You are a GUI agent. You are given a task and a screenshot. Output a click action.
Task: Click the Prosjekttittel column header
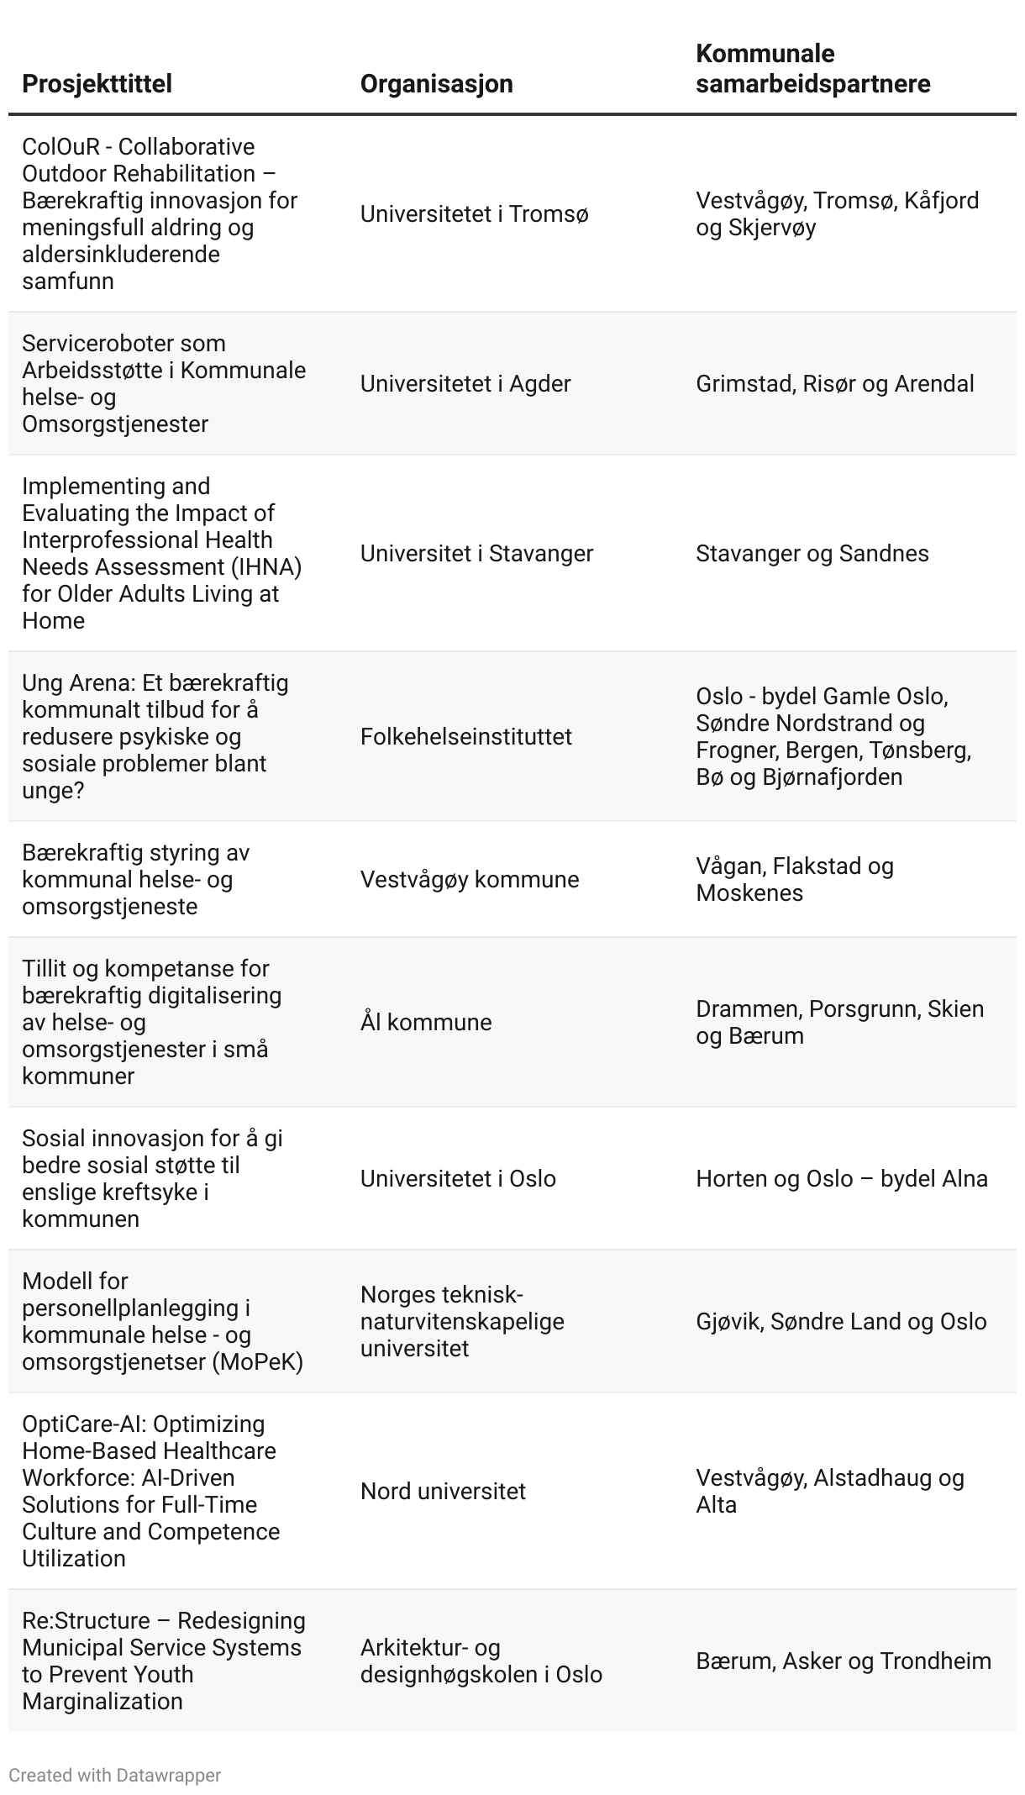coord(97,84)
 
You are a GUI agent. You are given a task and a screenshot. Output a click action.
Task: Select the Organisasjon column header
coord(436,84)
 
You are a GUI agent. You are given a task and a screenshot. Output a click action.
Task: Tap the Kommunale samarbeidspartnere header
coord(812,69)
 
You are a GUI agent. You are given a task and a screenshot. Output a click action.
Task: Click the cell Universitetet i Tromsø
coord(474,214)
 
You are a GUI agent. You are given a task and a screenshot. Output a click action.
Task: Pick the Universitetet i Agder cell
coord(465,384)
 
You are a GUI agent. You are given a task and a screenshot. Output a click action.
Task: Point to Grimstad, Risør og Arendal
coord(834,384)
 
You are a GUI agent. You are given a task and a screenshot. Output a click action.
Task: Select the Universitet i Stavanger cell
coord(476,554)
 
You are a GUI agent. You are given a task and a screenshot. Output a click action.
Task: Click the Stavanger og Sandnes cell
coord(812,554)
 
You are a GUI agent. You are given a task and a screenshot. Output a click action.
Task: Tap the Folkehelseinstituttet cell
coord(465,737)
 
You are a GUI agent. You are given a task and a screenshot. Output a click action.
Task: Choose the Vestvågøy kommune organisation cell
coord(469,880)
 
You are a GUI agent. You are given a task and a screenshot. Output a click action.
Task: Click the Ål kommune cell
coord(425,1023)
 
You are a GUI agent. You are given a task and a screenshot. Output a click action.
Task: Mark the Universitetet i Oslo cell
coord(458,1179)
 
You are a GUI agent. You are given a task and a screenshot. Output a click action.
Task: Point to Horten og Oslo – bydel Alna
coord(841,1179)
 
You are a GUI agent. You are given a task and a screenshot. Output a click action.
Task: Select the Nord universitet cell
coord(443,1492)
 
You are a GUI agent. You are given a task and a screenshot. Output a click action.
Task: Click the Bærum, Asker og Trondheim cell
coord(843,1661)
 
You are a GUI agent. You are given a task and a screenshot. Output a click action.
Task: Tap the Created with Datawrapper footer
coord(114,1776)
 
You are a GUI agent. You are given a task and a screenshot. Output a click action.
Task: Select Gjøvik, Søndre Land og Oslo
coord(840,1322)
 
